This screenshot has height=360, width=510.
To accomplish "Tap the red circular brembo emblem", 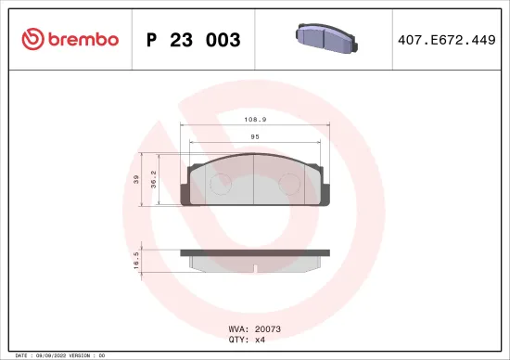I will (32, 39).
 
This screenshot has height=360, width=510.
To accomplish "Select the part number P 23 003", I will (194, 40).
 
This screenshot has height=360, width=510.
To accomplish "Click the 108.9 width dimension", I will (254, 120).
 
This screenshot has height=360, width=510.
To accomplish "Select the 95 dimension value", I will (254, 136).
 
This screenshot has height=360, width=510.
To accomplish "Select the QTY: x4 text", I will (247, 339).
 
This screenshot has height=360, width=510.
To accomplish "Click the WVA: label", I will (237, 328).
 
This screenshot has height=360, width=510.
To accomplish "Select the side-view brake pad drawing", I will (254, 259).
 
